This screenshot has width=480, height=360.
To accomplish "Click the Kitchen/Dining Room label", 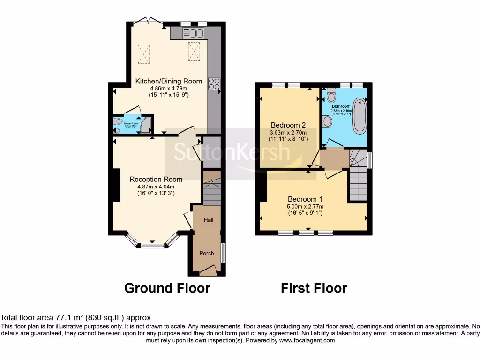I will point(169,81).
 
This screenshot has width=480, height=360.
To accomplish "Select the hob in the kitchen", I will point(214,84).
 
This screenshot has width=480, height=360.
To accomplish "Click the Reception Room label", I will point(156,179).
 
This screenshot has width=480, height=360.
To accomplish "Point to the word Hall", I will point(209,219).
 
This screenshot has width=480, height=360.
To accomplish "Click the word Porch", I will point(207,253).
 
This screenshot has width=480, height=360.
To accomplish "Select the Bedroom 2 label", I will point(288,125).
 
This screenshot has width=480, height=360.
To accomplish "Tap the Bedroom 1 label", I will point(306,199).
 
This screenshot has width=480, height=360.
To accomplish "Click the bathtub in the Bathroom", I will point(360,115).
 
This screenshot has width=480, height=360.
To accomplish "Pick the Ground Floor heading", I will point(167,288).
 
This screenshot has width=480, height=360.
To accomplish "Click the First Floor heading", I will point(314,288).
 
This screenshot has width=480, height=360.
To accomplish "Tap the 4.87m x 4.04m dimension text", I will point(156,186).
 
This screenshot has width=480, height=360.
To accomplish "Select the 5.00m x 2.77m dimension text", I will point(306,206).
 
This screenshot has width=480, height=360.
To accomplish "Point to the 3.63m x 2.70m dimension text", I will point(288,132).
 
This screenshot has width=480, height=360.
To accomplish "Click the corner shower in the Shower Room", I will point(147,124).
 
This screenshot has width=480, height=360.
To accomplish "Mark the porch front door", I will point(208,270).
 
